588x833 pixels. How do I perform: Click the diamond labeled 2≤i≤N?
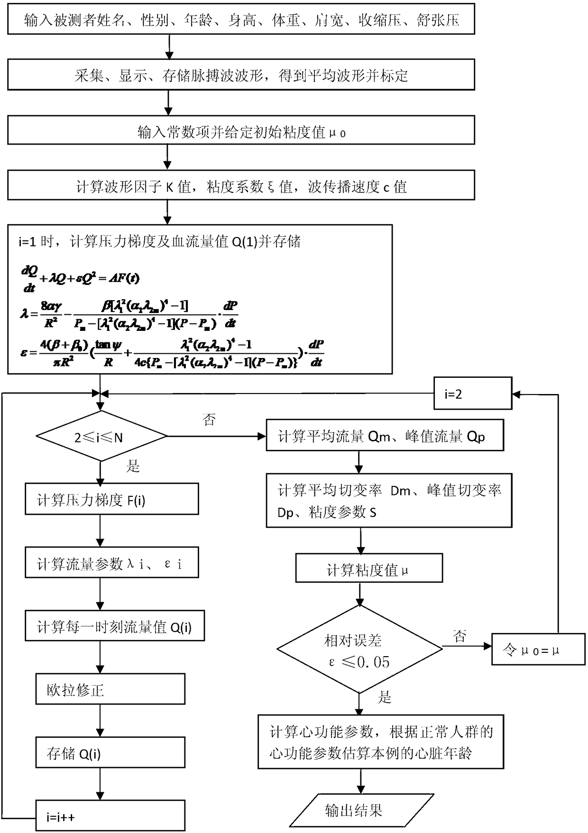[x=101, y=436]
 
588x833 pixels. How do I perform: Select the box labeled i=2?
[x=473, y=394]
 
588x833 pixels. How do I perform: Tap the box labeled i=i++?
[x=110, y=816]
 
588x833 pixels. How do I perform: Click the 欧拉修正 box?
[x=110, y=689]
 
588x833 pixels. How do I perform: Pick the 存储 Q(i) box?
[x=110, y=753]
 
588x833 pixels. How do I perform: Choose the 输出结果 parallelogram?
[x=361, y=810]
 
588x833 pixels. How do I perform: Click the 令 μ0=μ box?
[x=538, y=650]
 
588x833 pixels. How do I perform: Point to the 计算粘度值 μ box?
[x=369, y=568]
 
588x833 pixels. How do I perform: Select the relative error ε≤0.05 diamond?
[x=359, y=650]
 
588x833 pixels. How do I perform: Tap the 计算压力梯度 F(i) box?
[x=111, y=499]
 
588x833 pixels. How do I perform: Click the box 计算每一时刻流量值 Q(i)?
[x=114, y=626]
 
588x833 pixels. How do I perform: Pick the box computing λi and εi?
[x=111, y=563]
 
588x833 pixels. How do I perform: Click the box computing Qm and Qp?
[x=384, y=435]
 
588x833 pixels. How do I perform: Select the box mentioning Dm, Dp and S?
[x=389, y=501]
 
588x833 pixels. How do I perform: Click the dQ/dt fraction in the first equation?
[x=29, y=279]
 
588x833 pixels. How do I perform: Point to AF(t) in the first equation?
[x=124, y=278]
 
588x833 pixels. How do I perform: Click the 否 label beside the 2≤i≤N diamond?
[x=209, y=419]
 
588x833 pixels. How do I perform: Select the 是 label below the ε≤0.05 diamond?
[x=385, y=696]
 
